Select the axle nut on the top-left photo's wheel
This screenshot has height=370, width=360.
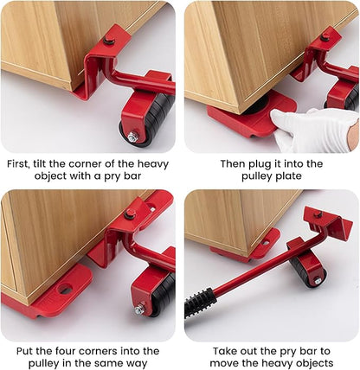[132, 137]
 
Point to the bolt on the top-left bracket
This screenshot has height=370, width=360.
[109, 41]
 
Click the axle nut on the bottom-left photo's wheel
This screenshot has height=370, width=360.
[139, 309]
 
